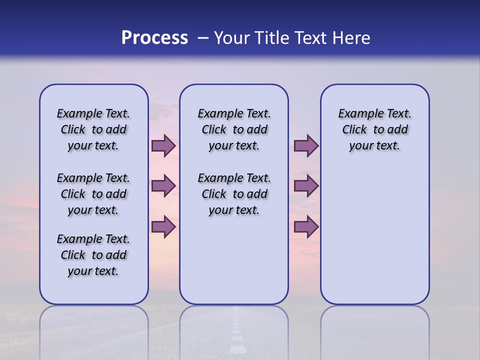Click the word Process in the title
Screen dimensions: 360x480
tap(154, 38)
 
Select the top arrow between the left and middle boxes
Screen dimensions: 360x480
tap(163, 146)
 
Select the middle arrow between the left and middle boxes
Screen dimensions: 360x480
tap(163, 186)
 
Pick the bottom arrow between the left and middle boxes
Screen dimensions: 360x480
tap(163, 226)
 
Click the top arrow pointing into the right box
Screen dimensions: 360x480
tap(306, 146)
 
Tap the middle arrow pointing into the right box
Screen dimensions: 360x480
tap(306, 186)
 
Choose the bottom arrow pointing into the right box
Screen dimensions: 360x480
tap(306, 226)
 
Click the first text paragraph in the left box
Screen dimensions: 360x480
tap(93, 129)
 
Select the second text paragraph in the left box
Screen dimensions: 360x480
tap(93, 194)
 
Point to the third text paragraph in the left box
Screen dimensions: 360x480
tap(93, 255)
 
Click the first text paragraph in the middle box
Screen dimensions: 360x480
tap(234, 129)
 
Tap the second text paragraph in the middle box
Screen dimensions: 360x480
tap(234, 194)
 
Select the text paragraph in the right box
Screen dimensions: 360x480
tap(375, 129)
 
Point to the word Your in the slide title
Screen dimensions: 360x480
tap(231, 38)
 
